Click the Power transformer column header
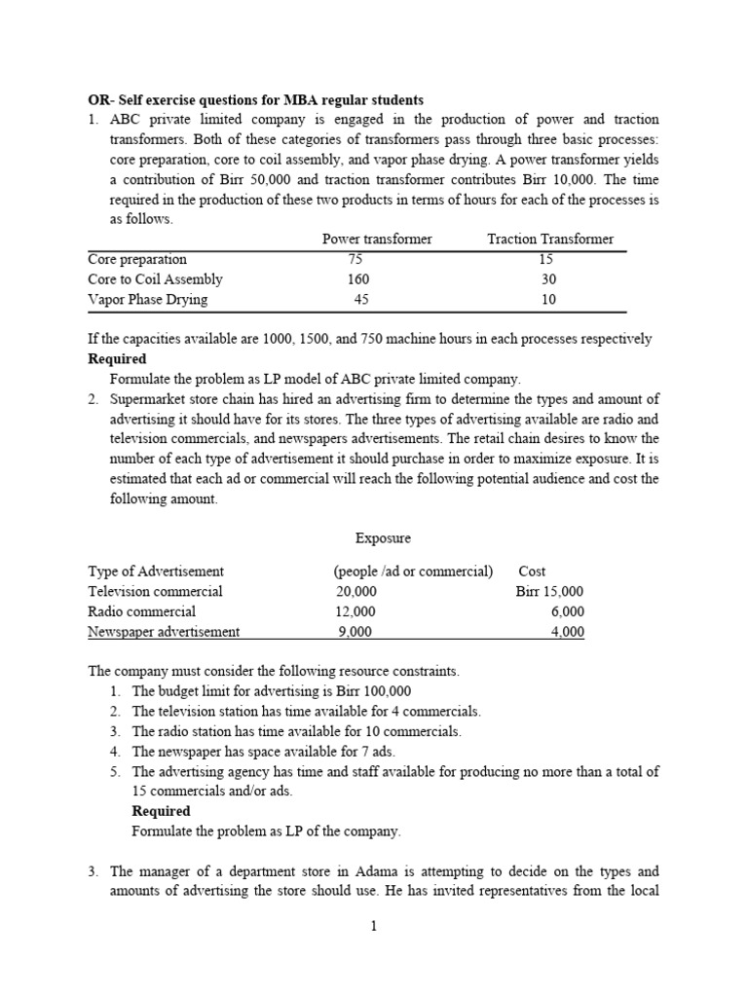click(377, 240)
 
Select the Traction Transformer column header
click(550, 240)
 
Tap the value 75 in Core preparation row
click(354, 260)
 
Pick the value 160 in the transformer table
click(359, 279)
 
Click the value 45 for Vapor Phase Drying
click(361, 300)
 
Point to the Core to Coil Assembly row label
click(155, 279)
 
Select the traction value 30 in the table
click(548, 279)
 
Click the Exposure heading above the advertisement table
click(384, 537)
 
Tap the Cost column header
click(532, 572)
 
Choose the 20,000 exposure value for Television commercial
click(356, 592)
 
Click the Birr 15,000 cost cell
click(549, 592)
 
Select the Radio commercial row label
click(141, 612)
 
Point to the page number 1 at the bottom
click(373, 927)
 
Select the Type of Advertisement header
click(156, 572)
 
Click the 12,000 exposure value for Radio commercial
click(356, 612)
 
